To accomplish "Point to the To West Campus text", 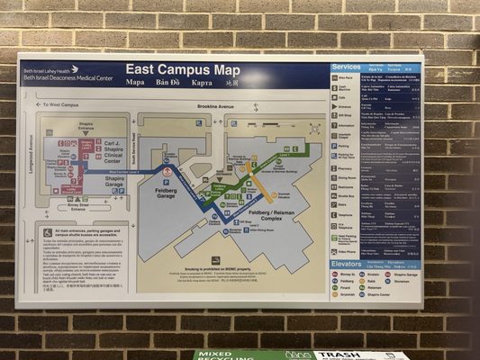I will pos(60,105).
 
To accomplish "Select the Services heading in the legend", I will pos(346,67).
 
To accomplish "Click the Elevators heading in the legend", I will pos(348,263).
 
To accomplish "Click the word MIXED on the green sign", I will pos(219,355).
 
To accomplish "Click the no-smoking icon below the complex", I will pos(216,260).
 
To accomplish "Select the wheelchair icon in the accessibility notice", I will pos(48,232).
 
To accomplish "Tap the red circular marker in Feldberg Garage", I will pos(167,172).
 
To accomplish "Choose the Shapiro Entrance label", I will pos(86,127).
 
